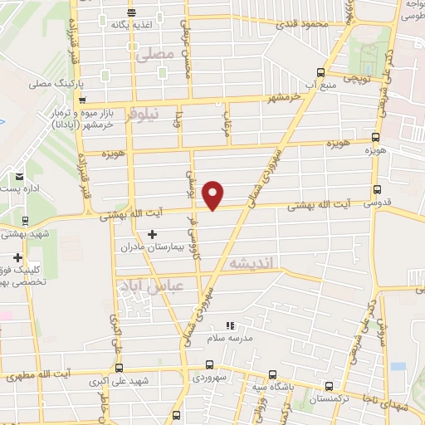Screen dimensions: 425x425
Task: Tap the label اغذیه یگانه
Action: (x=133, y=24)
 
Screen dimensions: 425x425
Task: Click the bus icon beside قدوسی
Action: (x=379, y=190)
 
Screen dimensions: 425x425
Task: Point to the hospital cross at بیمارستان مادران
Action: (x=151, y=235)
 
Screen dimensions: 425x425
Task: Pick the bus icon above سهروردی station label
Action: (x=209, y=364)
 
